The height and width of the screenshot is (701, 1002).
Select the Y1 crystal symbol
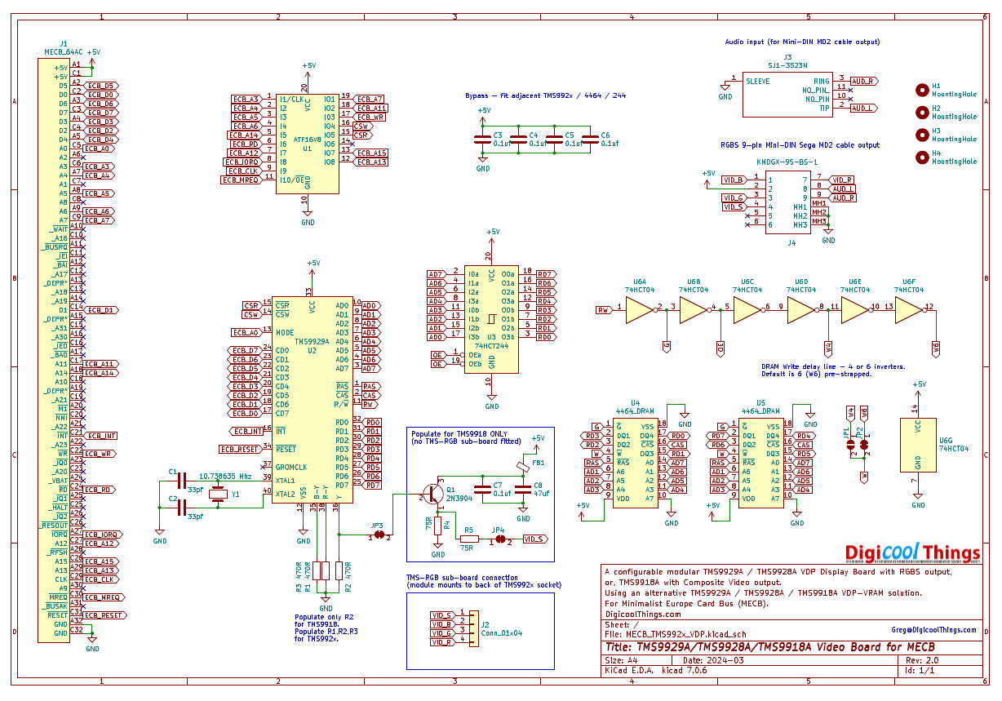point(217,492)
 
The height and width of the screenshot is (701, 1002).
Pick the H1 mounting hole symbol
point(922,90)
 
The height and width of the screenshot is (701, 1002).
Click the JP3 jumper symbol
point(378,535)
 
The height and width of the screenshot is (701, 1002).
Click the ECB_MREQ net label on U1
point(240,180)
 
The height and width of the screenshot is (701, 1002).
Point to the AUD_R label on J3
point(863,81)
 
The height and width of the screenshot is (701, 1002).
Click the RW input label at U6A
point(604,309)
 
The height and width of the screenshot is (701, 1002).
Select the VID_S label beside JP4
point(534,539)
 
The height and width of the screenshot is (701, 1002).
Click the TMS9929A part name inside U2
point(312,342)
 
